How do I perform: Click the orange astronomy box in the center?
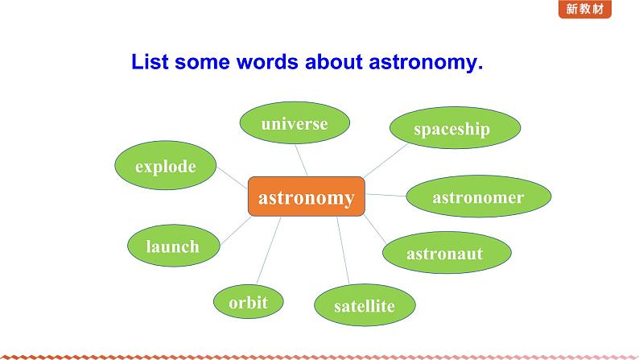(x=307, y=197)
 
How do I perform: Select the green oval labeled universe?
(x=295, y=122)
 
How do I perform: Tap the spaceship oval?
(x=456, y=127)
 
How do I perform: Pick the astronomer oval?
(x=479, y=196)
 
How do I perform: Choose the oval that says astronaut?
(x=447, y=252)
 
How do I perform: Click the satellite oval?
(x=365, y=305)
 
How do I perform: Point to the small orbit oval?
(x=248, y=302)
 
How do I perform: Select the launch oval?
(x=174, y=246)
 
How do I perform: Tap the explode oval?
(x=166, y=165)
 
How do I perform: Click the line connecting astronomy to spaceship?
(x=386, y=160)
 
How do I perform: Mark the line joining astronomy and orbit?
(x=269, y=250)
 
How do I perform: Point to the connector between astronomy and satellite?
(x=343, y=250)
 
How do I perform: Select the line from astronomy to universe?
(x=301, y=160)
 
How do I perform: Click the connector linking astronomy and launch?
(x=236, y=230)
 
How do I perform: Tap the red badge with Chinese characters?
(x=585, y=9)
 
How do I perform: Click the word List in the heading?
(x=150, y=62)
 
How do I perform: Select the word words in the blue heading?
(x=267, y=62)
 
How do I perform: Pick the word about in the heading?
(x=334, y=62)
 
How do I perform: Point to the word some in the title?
(x=202, y=63)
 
